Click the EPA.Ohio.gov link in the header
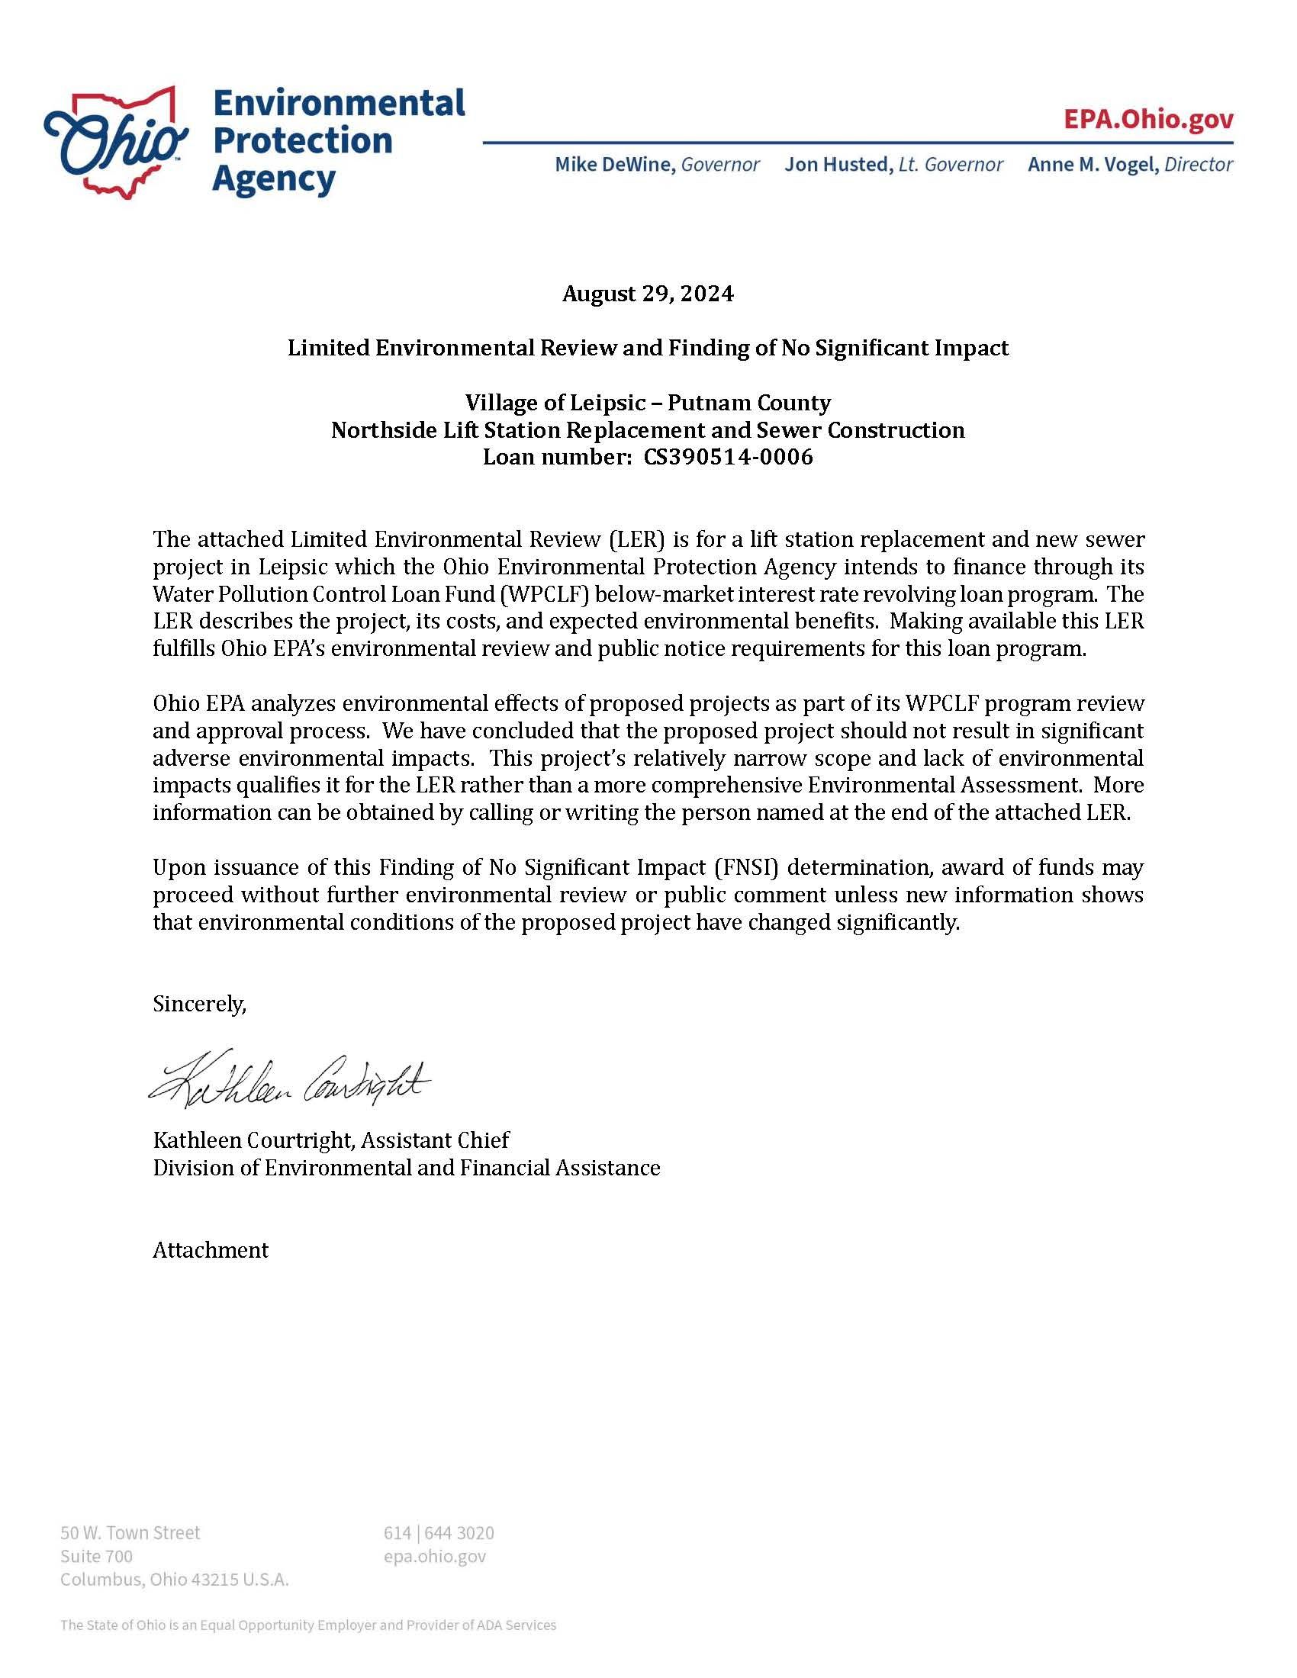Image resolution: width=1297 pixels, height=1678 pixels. tap(1148, 120)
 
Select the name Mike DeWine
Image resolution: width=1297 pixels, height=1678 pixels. tap(615, 165)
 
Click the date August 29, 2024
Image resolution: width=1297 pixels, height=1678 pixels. tap(648, 294)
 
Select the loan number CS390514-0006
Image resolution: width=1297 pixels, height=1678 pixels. tap(729, 457)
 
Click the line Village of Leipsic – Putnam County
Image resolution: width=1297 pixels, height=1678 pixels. tap(648, 403)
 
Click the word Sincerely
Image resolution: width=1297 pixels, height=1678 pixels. tap(199, 1004)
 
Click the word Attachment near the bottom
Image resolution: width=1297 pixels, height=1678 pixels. tap(211, 1250)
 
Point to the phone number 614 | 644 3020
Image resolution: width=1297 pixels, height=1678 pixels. tap(439, 1533)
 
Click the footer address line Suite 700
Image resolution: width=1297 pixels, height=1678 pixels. tap(97, 1556)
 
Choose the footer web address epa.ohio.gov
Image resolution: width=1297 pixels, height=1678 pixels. tap(435, 1556)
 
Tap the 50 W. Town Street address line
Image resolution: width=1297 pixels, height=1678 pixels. tap(130, 1533)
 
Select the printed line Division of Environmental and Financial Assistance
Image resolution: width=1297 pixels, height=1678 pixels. tap(407, 1168)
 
